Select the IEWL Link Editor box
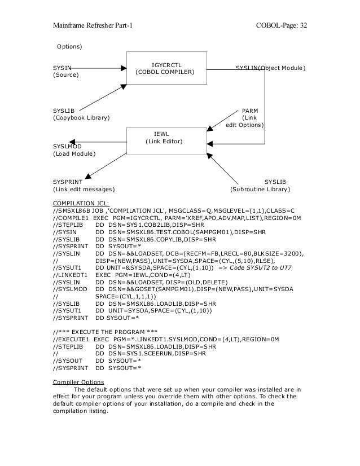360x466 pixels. tap(164, 137)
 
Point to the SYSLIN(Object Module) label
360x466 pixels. tap(270, 68)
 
